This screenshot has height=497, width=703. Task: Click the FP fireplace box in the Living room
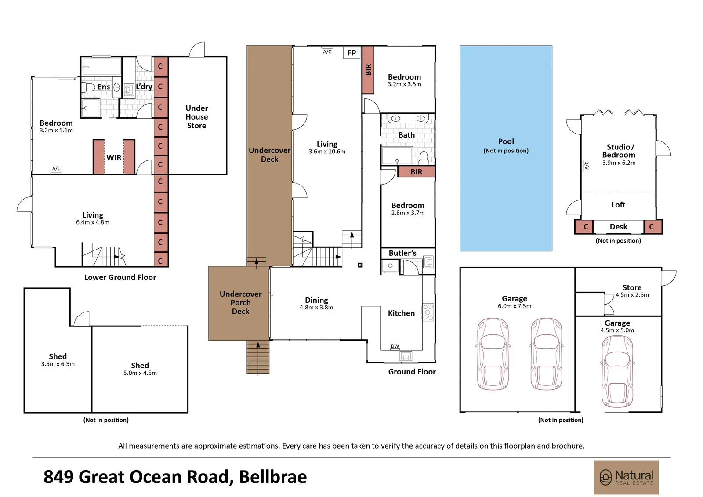352,53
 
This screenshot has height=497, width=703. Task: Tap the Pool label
506,141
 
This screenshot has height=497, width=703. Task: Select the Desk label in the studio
618,227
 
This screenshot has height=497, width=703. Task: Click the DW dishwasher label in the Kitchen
395,346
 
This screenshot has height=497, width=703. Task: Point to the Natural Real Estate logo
626,477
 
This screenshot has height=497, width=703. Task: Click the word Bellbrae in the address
273,477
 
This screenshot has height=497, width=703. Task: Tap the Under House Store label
197,117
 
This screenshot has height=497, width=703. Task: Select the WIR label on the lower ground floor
114,158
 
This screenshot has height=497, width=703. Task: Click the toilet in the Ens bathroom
88,87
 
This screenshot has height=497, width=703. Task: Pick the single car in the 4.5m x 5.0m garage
617,372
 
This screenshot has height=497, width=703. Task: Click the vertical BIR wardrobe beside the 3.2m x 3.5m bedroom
368,70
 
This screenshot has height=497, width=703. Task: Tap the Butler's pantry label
402,253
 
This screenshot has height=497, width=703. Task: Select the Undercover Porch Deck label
240,303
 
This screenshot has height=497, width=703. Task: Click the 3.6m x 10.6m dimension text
327,152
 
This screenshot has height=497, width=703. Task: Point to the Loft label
618,205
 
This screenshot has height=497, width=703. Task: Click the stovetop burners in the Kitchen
428,312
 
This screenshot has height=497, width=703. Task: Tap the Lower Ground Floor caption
120,277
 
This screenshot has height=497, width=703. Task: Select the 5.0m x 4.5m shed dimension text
140,373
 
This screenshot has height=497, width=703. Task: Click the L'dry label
144,86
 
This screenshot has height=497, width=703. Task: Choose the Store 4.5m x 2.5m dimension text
632,295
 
